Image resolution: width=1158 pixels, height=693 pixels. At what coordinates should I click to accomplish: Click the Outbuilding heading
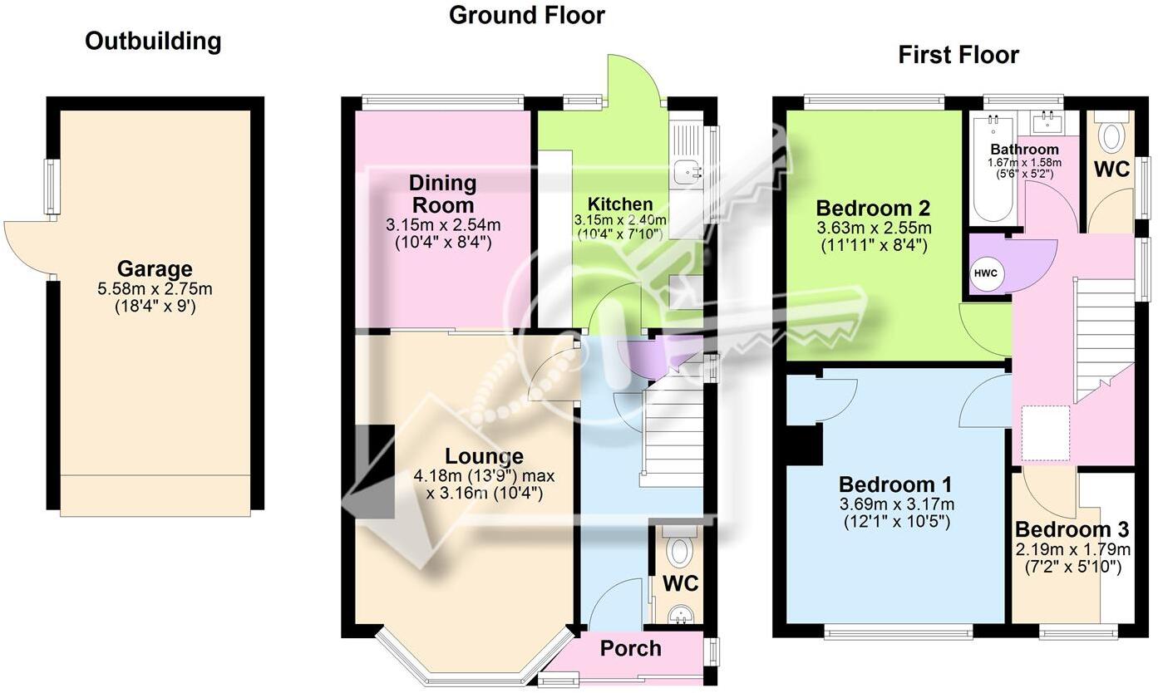[x=153, y=42]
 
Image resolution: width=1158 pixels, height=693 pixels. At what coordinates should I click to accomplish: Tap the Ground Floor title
[x=527, y=15]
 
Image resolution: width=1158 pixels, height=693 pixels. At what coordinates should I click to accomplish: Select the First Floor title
[x=958, y=55]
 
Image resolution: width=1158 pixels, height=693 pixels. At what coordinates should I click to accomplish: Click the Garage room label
[x=155, y=268]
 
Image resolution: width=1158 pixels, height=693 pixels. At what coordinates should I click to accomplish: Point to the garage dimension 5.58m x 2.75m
[x=155, y=289]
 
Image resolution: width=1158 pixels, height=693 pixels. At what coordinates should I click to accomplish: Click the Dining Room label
[x=442, y=194]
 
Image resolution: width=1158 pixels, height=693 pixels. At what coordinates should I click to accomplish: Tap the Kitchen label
[x=620, y=204]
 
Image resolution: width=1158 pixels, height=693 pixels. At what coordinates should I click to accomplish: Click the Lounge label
[x=484, y=456]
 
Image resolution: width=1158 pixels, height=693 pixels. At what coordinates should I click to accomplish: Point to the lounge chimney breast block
[x=374, y=471]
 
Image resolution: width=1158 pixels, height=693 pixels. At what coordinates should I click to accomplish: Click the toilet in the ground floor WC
[x=681, y=549]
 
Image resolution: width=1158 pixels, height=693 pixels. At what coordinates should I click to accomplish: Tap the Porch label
[x=631, y=648]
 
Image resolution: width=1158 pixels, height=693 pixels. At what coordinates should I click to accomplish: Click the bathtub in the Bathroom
[x=991, y=170]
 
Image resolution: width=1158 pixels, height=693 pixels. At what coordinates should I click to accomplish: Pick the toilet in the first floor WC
[x=1111, y=133]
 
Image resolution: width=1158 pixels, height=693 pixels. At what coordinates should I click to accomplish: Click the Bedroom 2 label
[x=873, y=208]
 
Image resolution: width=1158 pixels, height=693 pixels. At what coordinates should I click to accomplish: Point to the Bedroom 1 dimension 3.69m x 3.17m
[x=895, y=504]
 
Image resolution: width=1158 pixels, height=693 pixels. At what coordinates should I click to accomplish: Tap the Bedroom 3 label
[x=1072, y=530]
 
